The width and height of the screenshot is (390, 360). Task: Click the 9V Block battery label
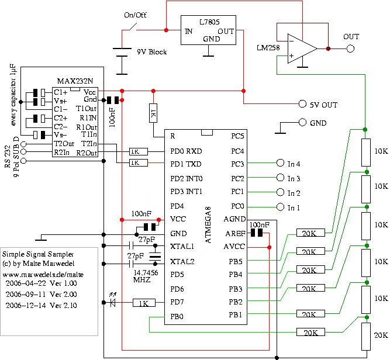(151, 52)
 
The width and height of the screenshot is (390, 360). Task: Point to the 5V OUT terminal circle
(302, 104)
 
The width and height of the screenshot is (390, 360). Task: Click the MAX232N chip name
(72, 80)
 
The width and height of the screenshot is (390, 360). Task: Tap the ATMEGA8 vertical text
(212, 226)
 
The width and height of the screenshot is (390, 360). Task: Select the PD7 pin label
(178, 302)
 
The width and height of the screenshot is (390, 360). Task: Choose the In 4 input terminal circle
(278, 164)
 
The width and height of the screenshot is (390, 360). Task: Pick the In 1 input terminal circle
(278, 207)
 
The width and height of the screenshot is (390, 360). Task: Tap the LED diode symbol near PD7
(113, 303)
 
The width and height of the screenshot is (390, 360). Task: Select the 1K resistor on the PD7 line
(144, 303)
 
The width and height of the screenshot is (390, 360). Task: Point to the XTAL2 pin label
(182, 261)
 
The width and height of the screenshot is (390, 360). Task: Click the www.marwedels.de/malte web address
(43, 273)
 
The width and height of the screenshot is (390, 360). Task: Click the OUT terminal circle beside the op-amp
(350, 49)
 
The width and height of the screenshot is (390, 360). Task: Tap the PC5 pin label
(237, 136)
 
